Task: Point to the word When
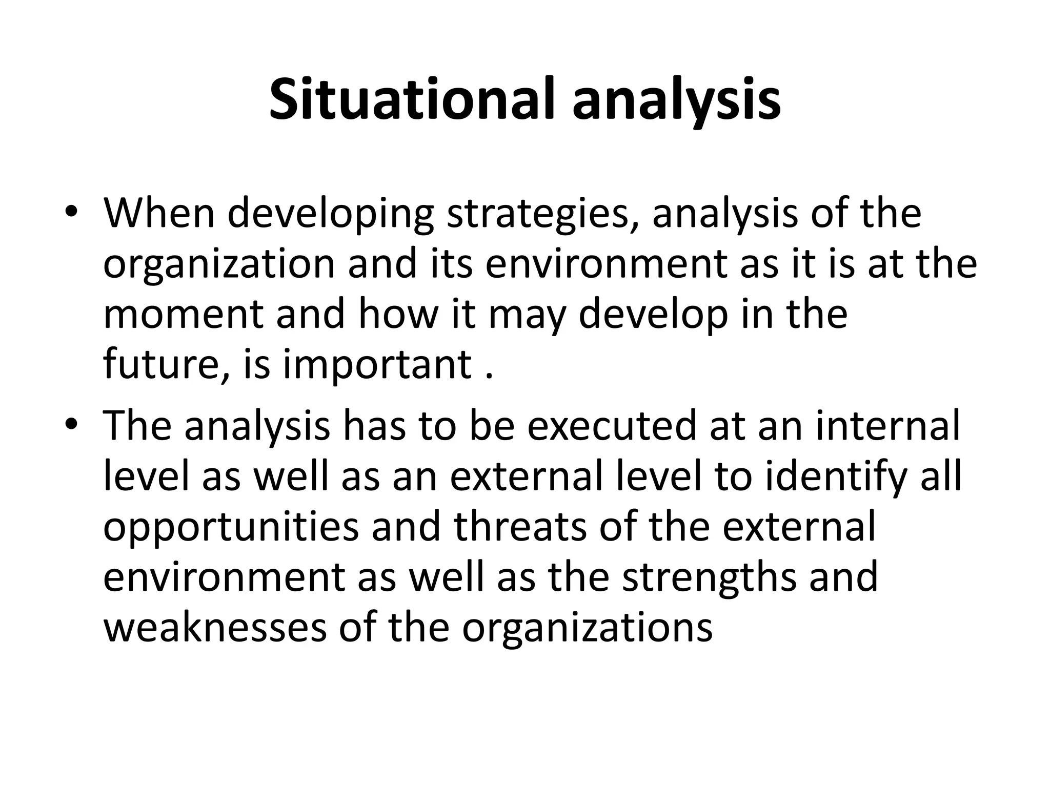(159, 212)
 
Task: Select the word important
(377, 365)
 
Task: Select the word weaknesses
(215, 628)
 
